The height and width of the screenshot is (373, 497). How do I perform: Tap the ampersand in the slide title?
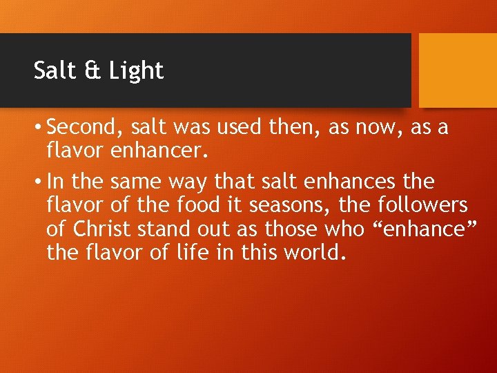click(87, 70)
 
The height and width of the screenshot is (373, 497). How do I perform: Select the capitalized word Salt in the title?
click(53, 70)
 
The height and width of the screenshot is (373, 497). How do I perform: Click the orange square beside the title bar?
click(458, 70)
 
